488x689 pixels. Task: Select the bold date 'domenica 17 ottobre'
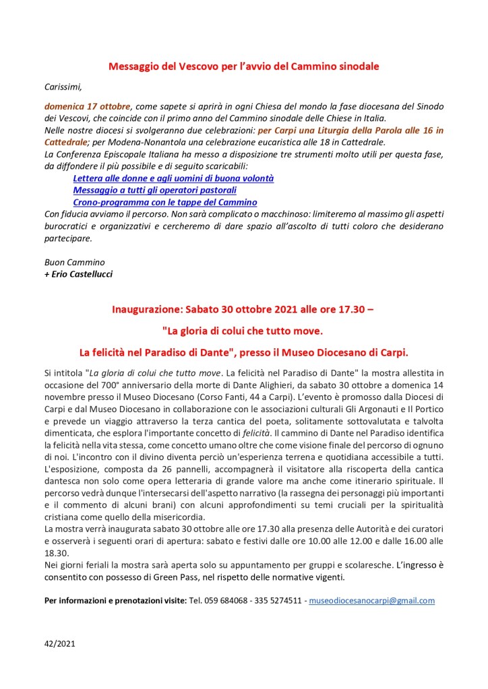[88, 106]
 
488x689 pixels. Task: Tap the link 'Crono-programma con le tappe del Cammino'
[165, 202]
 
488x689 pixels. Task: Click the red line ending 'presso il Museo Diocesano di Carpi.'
[244, 351]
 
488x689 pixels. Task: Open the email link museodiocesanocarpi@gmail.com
[371, 600]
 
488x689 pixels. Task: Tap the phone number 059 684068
[228, 600]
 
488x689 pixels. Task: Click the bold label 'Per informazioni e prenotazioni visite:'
[115, 600]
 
